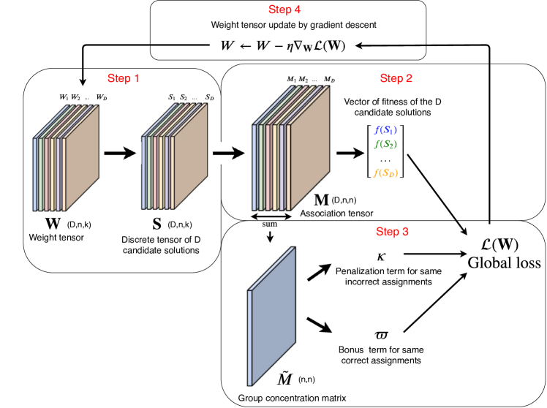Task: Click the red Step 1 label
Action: coord(123,78)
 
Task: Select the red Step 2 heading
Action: coord(396,78)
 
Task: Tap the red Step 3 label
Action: coord(392,232)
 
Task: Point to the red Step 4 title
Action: coord(284,10)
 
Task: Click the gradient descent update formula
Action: coord(283,45)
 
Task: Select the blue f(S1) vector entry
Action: coord(385,130)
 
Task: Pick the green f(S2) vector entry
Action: coord(385,144)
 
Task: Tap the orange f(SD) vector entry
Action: coord(385,173)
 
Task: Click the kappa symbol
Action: coord(381,257)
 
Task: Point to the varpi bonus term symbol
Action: coord(381,335)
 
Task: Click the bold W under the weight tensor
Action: coord(53,224)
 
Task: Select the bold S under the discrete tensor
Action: coord(157,224)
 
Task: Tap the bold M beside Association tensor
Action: coord(321,200)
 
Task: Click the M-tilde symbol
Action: coord(284,378)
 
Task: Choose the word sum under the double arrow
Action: coord(270,224)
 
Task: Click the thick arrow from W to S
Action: coord(120,153)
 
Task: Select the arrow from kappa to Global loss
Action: coord(435,254)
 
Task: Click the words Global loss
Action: coord(504,262)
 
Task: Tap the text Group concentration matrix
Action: coord(292,398)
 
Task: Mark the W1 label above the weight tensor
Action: coord(64,97)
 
